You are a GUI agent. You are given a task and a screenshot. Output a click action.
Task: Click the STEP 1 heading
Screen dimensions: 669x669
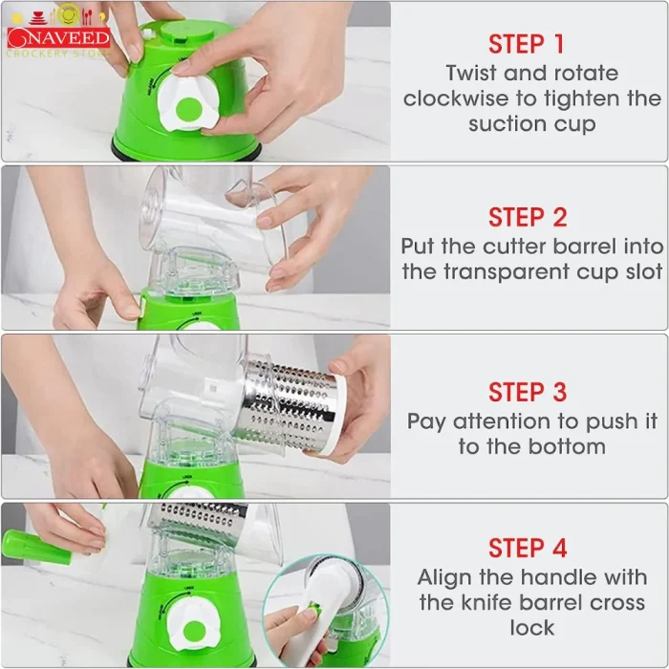pos(528,44)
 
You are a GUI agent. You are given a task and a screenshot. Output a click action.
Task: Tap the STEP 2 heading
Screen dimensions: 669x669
pos(528,217)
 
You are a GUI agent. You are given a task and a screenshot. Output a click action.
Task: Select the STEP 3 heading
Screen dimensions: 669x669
pos(528,392)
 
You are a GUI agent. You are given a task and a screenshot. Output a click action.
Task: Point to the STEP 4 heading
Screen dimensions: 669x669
pos(528,549)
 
